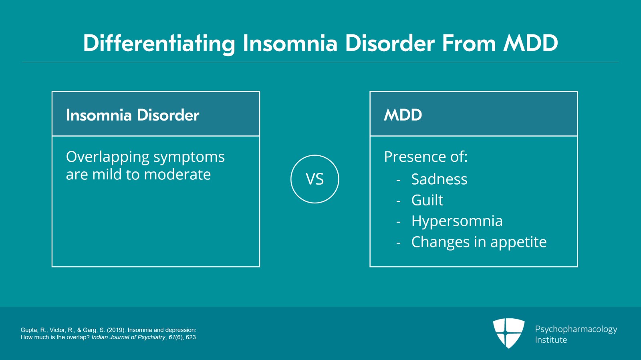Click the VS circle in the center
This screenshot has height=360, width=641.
pyautogui.click(x=314, y=179)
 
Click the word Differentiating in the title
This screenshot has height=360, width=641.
pyautogui.click(x=159, y=43)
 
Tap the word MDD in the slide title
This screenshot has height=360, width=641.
pyautogui.click(x=530, y=43)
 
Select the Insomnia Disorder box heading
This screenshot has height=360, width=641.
pyautogui.click(x=132, y=115)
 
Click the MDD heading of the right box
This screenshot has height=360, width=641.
pyautogui.click(x=403, y=115)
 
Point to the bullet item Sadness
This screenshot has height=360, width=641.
pyautogui.click(x=439, y=179)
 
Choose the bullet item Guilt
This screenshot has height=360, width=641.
pyautogui.click(x=427, y=200)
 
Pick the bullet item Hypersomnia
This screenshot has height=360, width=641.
pyautogui.click(x=457, y=221)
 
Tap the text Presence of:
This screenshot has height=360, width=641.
pyautogui.click(x=425, y=157)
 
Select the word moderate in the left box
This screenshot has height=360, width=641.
pyautogui.click(x=177, y=175)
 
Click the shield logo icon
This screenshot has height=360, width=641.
pyautogui.click(x=508, y=333)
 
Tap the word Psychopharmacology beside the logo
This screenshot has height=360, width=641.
pyautogui.click(x=576, y=329)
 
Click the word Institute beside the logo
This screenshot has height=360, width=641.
pyautogui.click(x=551, y=340)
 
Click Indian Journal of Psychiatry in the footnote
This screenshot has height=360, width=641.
pyautogui.click(x=128, y=337)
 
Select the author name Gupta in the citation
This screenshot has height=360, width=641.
pyautogui.click(x=28, y=330)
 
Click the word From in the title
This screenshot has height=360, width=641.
pyautogui.click(x=468, y=43)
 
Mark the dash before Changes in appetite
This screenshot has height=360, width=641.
pyautogui.click(x=398, y=243)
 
